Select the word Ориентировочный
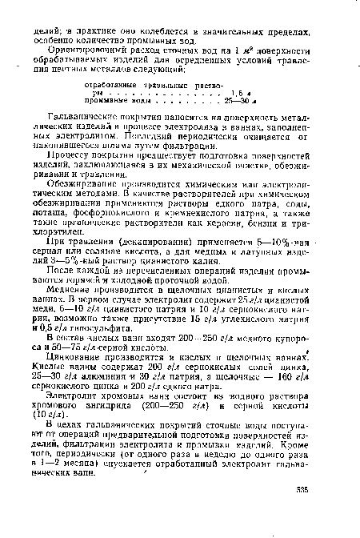tap(90, 49)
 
